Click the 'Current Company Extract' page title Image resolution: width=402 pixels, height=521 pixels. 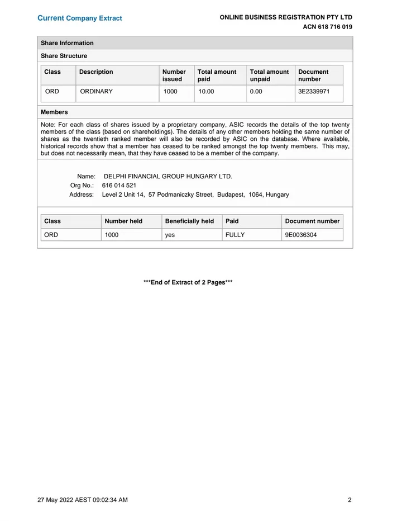tap(79, 18)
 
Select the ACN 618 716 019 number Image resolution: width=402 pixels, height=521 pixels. tap(327, 27)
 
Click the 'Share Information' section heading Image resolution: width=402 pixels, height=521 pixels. tap(67, 43)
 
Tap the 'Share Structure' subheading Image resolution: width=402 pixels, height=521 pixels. tap(64, 56)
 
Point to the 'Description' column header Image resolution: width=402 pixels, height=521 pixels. tap(96, 72)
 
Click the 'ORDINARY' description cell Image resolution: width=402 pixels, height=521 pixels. tap(96, 91)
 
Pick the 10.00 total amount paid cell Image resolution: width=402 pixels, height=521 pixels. tap(206, 91)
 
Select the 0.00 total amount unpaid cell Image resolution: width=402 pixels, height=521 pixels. tap(256, 91)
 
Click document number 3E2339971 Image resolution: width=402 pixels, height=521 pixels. tap(314, 91)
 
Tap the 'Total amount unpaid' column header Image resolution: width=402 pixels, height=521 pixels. tap(269, 75)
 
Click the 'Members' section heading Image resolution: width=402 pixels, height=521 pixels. tap(54, 112)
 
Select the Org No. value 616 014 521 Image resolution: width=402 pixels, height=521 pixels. tap(119, 185)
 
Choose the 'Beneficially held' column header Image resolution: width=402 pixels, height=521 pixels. tap(189, 221)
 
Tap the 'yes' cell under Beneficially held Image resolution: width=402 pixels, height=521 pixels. tap(170, 235)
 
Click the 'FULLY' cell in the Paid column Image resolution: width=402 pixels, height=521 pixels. tap(235, 235)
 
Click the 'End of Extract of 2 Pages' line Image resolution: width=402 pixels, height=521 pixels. tap(188, 282)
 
